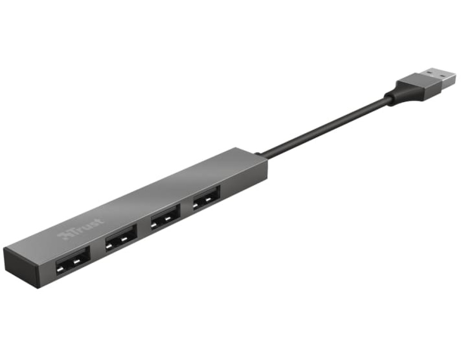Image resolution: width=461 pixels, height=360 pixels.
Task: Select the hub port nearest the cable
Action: [206, 198]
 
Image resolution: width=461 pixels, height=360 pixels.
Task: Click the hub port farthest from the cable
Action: [72, 261]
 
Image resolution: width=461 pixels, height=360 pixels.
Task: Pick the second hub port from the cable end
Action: [165, 217]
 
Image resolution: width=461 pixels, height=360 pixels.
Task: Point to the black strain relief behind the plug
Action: [393, 96]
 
